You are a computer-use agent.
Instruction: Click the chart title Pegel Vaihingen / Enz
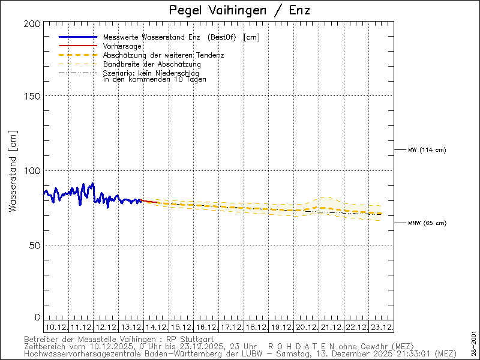[x=240, y=10]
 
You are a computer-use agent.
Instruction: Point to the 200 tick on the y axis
[x=34, y=23]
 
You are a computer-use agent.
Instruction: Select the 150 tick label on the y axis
[x=34, y=96]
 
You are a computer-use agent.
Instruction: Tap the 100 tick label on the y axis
[x=34, y=170]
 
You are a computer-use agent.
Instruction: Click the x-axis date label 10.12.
[x=56, y=327]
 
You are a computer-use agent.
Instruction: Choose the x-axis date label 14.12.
[x=156, y=327]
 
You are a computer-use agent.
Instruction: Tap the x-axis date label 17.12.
[x=231, y=327]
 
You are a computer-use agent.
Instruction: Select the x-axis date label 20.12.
[x=306, y=327]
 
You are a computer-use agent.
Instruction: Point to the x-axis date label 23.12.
[x=381, y=327]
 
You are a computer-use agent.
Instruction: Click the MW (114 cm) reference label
[x=427, y=149]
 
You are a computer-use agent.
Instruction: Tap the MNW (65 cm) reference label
[x=427, y=223]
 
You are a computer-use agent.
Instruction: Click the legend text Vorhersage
[x=122, y=46]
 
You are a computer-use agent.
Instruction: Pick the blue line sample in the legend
[x=77, y=37]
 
